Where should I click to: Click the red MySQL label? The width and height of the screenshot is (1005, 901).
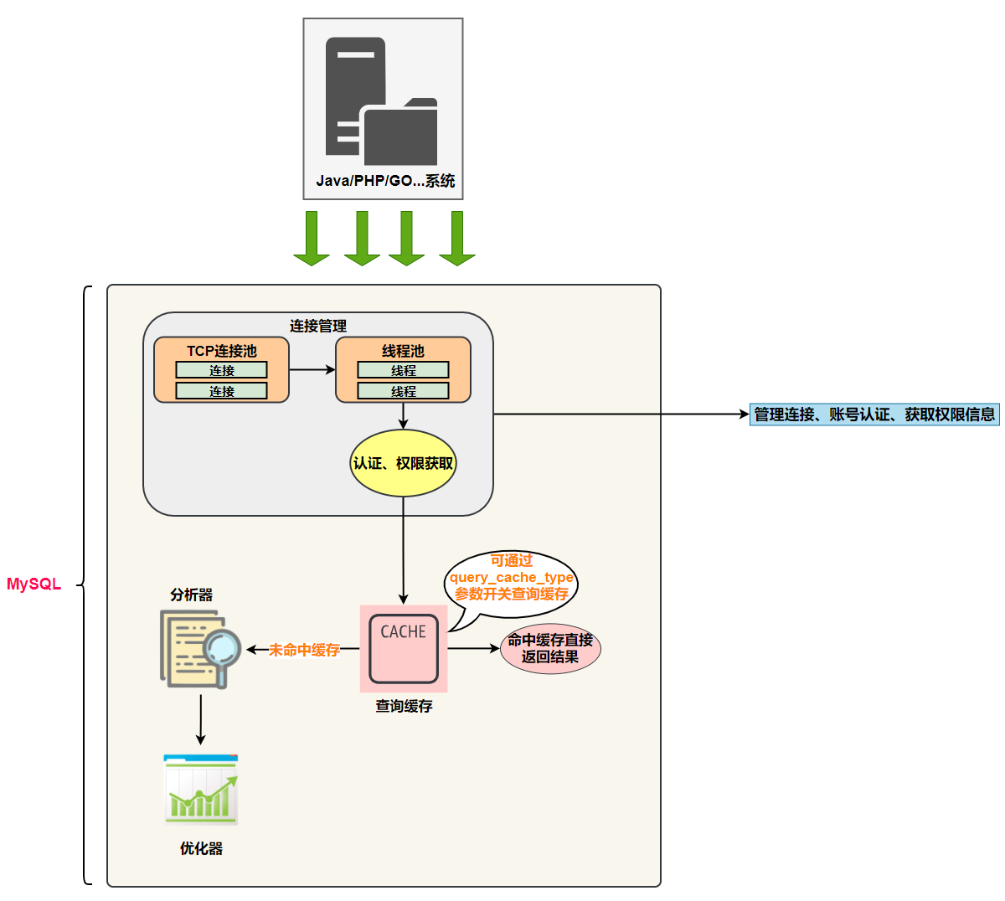[33, 584]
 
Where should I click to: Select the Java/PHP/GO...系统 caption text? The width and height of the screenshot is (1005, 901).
[385, 181]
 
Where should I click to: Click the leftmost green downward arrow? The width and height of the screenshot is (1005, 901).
[312, 239]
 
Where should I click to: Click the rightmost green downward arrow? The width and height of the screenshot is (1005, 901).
[457, 239]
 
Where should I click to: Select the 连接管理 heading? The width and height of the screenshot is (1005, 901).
[318, 326]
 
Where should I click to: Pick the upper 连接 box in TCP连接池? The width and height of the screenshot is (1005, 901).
[221, 370]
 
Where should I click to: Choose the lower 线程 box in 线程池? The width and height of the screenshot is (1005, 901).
[403, 391]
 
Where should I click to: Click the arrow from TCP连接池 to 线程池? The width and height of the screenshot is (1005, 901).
[312, 369]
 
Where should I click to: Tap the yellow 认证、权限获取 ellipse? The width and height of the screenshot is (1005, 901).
[403, 463]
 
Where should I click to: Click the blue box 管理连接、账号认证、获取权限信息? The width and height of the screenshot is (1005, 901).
[874, 414]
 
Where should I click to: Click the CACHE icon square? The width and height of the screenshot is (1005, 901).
[404, 648]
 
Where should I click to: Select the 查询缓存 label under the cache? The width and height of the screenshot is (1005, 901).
[404, 707]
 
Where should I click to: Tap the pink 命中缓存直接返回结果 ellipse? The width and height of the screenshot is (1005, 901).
[550, 649]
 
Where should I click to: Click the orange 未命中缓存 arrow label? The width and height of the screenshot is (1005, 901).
[304, 650]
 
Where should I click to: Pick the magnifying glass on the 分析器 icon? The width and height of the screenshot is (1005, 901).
[223, 650]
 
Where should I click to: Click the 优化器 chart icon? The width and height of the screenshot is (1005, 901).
[201, 790]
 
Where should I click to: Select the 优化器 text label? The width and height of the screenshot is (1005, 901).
[201, 849]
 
